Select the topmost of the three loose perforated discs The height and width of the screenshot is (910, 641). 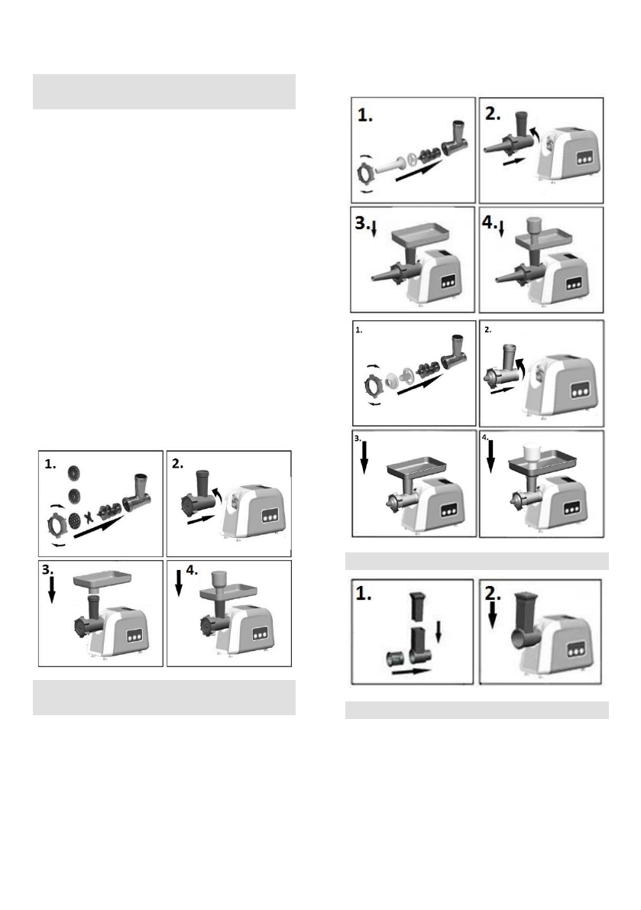73,472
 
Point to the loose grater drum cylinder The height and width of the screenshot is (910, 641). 397,659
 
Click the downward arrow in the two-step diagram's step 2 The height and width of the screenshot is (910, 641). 492,618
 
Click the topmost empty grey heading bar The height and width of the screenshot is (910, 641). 163,92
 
